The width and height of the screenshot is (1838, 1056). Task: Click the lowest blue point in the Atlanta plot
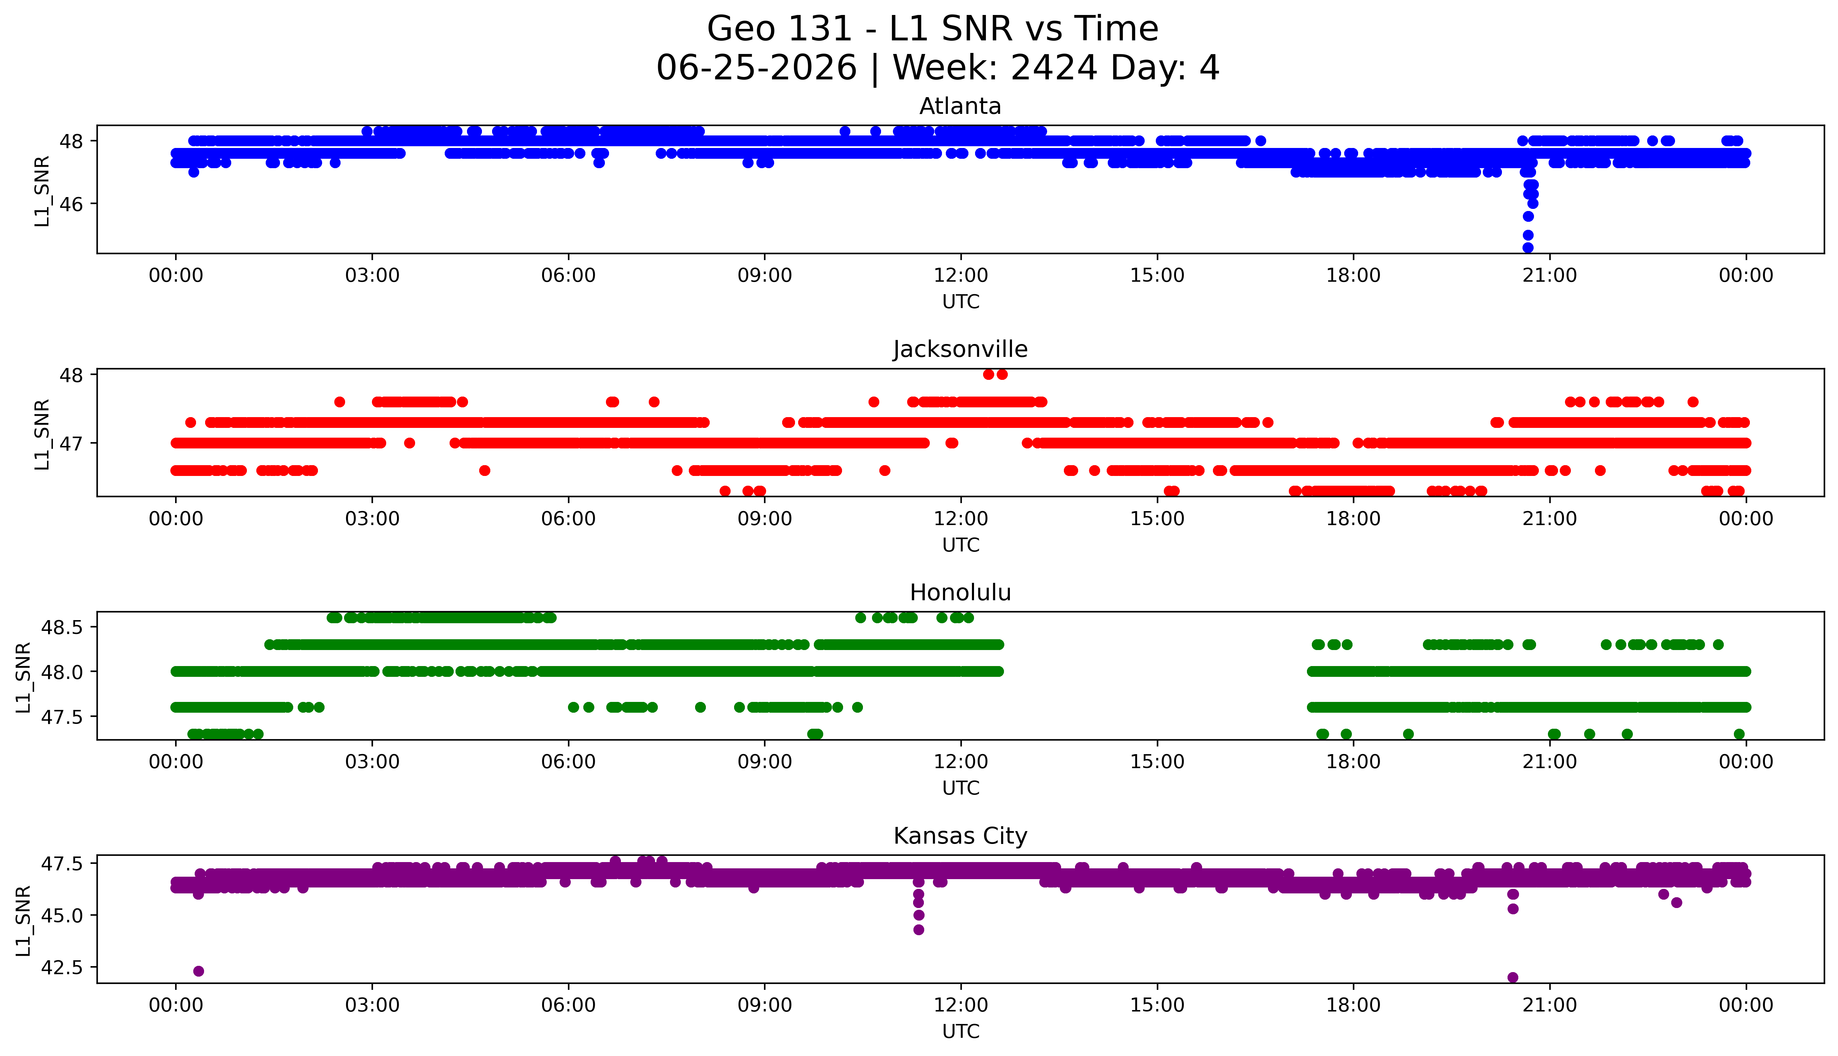click(x=1528, y=247)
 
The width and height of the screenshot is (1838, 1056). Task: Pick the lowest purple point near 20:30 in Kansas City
click(x=1512, y=977)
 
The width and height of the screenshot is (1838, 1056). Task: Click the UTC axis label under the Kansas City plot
click(x=960, y=1031)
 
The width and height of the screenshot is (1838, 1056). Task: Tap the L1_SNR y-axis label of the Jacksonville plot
click(x=42, y=434)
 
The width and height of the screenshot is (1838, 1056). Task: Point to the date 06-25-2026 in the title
click(x=756, y=68)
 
